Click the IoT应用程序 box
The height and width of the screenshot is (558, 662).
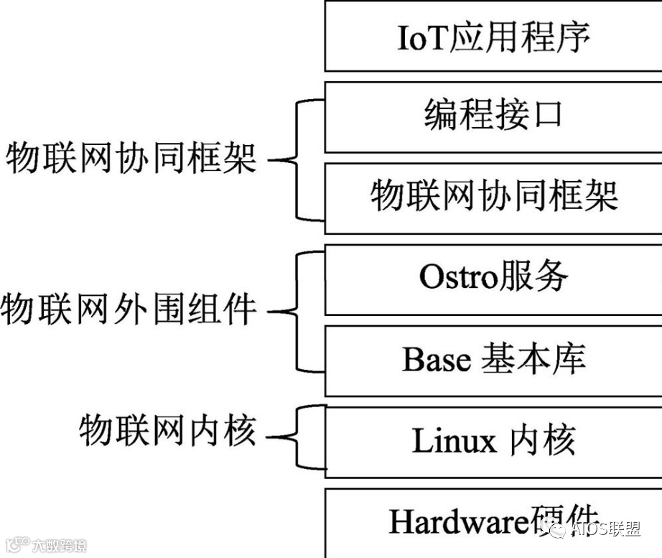coord(493,36)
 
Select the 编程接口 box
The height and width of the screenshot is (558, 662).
coord(493,116)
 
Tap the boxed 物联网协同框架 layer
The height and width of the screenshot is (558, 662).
coord(493,197)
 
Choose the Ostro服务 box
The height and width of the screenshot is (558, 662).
coord(493,279)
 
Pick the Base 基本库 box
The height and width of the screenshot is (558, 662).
coord(493,361)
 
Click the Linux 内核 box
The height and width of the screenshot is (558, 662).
coord(493,441)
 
